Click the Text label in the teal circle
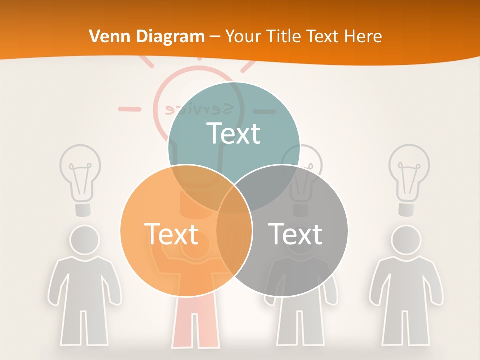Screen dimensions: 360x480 (234, 133)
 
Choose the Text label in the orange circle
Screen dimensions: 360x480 (171, 234)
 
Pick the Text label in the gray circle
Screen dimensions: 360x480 (295, 234)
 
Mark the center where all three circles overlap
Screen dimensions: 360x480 (234, 197)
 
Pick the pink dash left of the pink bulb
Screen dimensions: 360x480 (129, 108)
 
